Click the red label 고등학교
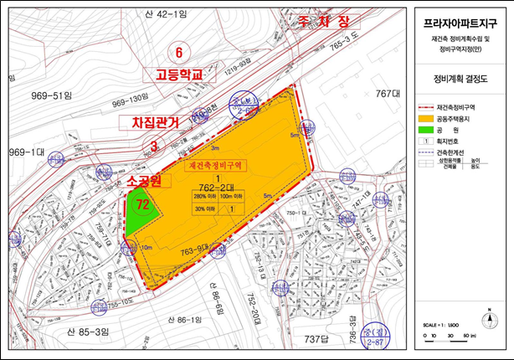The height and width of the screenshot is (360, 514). (180, 75)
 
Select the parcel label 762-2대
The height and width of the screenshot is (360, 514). (215, 188)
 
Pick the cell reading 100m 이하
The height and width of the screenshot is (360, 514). (232, 198)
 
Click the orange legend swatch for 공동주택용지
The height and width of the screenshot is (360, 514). (426, 120)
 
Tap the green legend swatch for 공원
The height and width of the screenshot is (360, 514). (426, 131)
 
